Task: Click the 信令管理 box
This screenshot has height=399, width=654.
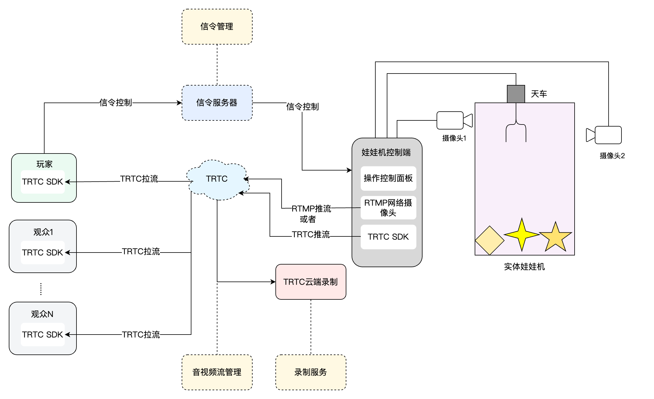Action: pos(217,27)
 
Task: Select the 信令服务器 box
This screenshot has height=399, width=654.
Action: pos(217,103)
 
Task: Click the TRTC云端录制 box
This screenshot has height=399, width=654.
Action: pos(311,282)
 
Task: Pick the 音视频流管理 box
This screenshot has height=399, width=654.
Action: pos(217,372)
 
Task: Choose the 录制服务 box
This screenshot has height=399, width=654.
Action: pos(311,372)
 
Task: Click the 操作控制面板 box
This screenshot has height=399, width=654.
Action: pos(388,178)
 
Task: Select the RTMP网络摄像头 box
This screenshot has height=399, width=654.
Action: pos(388,207)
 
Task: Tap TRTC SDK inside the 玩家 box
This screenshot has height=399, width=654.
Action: pos(43,182)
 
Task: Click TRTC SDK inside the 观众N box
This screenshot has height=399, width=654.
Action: pos(43,335)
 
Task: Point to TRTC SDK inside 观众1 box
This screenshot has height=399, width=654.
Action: pos(43,253)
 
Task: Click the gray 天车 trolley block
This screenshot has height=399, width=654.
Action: pos(516,94)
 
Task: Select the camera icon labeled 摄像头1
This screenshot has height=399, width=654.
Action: pos(454,120)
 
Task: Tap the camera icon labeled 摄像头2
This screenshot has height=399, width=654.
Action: pos(604,135)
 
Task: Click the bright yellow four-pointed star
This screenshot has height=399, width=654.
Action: pos(522,234)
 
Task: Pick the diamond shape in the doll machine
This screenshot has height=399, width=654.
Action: pos(489,241)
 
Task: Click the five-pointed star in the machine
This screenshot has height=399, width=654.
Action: pos(555,237)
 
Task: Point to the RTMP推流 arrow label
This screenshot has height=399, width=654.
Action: pos(311,209)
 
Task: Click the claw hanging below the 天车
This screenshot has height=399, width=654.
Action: pos(516,126)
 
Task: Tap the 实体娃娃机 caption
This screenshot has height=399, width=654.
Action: pos(524,267)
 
